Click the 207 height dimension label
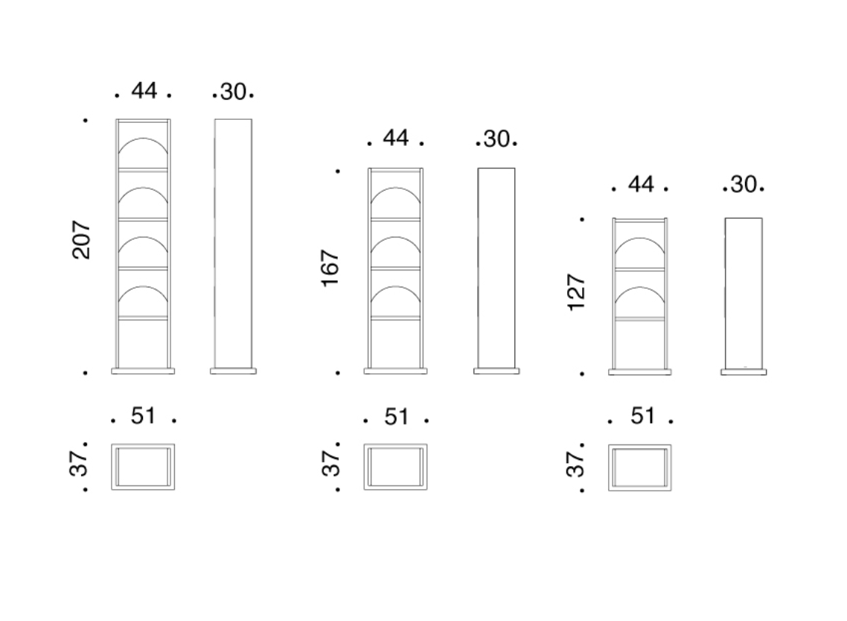(x=81, y=240)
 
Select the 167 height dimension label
(x=330, y=268)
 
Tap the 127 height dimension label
(x=576, y=293)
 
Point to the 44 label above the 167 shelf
(x=396, y=138)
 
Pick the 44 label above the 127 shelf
(x=641, y=185)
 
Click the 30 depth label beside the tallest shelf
(x=234, y=92)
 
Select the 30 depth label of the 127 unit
(x=744, y=185)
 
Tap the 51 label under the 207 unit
(x=143, y=415)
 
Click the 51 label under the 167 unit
(x=397, y=417)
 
